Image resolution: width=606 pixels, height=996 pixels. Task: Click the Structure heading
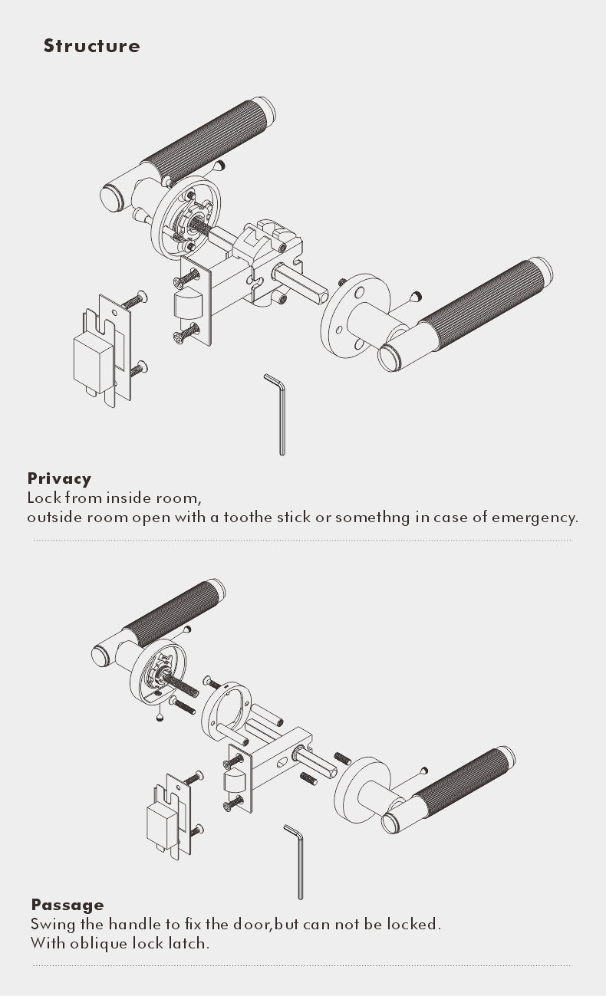coord(91,46)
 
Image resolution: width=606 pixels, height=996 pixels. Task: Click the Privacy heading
coord(59,478)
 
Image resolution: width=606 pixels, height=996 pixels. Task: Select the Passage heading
coord(68,905)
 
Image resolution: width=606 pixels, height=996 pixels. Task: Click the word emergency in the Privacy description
coord(535,518)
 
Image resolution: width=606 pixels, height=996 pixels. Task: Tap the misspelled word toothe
coord(248,517)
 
